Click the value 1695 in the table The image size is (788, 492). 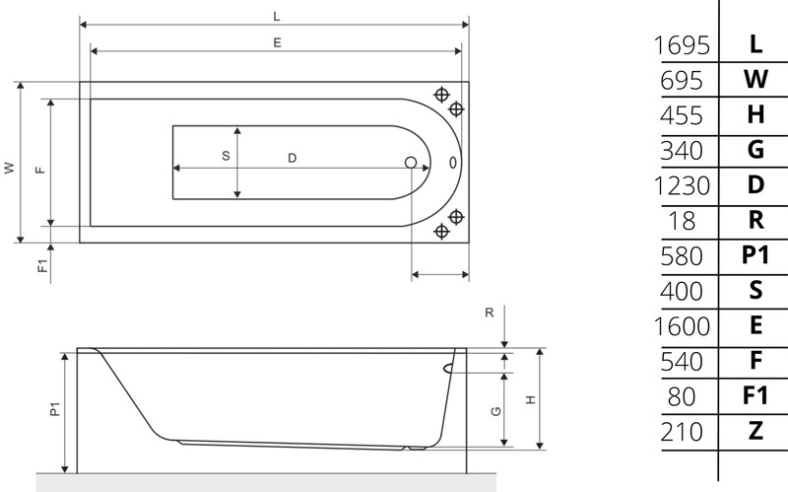coord(682,45)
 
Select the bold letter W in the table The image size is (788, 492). coord(755,80)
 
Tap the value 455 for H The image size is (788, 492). coord(682,115)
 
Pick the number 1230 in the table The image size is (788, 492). coord(682,185)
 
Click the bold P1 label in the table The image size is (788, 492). coord(755,255)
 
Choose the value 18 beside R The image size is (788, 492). coord(682,221)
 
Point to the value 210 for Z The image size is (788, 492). coord(682,432)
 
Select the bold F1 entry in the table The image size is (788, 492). coord(755,396)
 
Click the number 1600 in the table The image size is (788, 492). coord(682,326)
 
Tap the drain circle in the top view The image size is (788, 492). coord(411,163)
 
